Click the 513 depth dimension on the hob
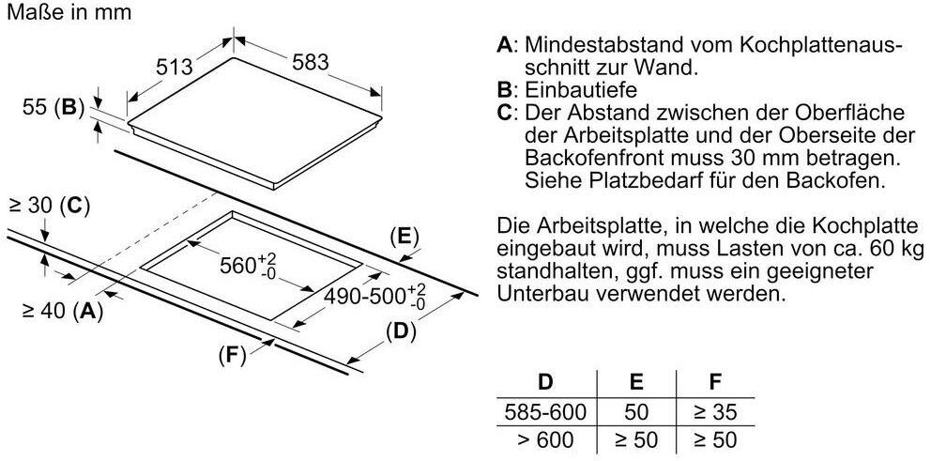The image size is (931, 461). click(175, 68)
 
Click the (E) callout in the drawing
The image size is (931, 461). click(404, 237)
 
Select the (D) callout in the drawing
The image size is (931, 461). click(401, 330)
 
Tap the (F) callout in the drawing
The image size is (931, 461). click(231, 355)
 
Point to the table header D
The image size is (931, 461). click(543, 382)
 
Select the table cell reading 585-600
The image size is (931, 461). click(543, 411)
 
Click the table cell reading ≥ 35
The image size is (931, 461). click(714, 411)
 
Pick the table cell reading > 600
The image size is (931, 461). click(543, 439)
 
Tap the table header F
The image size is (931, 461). click(714, 382)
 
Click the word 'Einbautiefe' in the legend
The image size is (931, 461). click(581, 90)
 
